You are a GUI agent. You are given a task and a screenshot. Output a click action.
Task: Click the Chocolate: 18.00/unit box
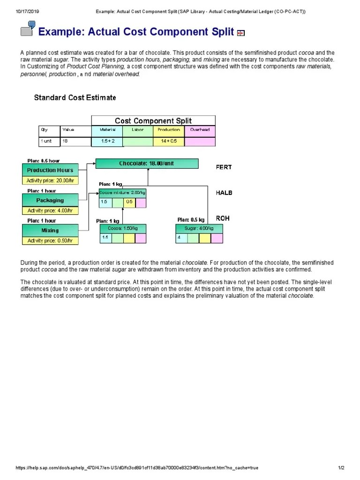[x=147, y=164]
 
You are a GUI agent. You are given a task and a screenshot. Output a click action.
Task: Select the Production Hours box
[x=50, y=170]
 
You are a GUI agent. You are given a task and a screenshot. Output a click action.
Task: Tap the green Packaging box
[x=50, y=200]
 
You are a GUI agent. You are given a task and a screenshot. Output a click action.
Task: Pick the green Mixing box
[x=50, y=230]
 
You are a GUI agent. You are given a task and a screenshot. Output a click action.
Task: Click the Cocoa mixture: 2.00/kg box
[x=122, y=193]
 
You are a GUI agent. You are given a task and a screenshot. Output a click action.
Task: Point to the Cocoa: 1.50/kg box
[x=123, y=228]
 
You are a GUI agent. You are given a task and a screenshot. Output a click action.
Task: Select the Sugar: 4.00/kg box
[x=199, y=228]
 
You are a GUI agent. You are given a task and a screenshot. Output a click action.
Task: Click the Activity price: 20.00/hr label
[x=50, y=180]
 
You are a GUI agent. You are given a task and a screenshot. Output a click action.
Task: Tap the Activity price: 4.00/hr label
[x=50, y=210]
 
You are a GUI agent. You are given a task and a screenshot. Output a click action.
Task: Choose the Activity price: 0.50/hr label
[x=50, y=240]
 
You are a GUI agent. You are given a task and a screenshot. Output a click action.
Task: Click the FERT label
[x=224, y=167]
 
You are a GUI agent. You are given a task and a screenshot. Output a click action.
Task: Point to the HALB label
[x=224, y=193]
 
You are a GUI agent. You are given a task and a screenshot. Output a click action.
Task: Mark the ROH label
[x=222, y=218]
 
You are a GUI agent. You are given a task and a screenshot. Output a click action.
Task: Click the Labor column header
[x=138, y=130]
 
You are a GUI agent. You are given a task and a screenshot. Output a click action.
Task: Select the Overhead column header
[x=200, y=130]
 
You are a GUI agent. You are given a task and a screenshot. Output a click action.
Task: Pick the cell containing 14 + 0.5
[x=169, y=141]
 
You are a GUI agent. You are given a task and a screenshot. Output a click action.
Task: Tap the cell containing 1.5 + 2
[x=107, y=141]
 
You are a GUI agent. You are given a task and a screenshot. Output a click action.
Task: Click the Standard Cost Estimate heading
[x=75, y=97]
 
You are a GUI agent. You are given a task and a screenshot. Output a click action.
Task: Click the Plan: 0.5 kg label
[x=191, y=219]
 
